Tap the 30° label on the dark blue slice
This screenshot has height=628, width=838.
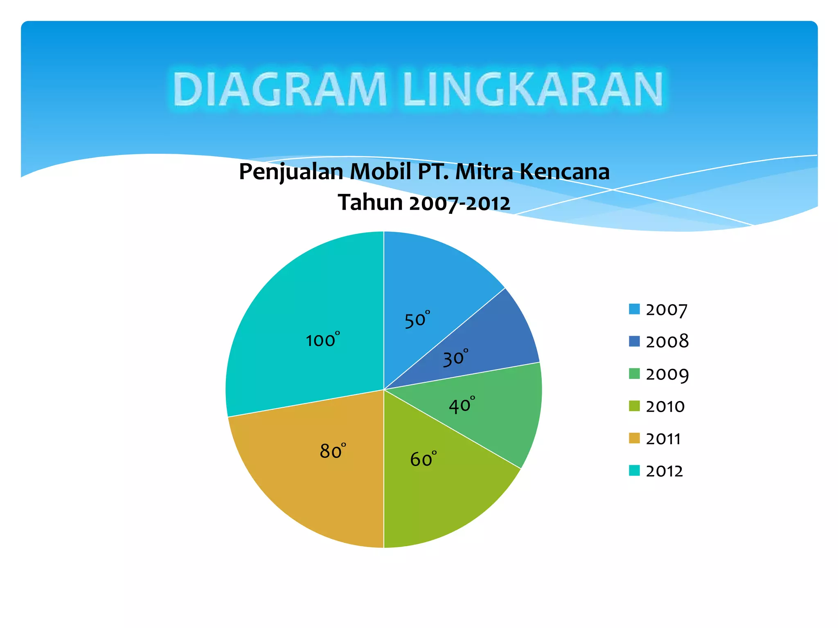pyautogui.click(x=455, y=358)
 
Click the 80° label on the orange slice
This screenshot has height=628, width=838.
pyautogui.click(x=333, y=451)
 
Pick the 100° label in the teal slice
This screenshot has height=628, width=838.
pyautogui.click(x=322, y=340)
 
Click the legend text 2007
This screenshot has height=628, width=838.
pyautogui.click(x=667, y=310)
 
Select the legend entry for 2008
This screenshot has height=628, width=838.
pyautogui.click(x=667, y=341)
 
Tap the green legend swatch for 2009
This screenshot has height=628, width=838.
pyautogui.click(x=634, y=374)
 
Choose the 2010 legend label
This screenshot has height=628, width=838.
pyautogui.click(x=665, y=406)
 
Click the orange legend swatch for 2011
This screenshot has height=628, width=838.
pyautogui.click(x=634, y=438)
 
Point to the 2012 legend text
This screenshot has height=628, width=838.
pyautogui.click(x=664, y=471)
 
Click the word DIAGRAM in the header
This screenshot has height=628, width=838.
pyautogui.click(x=279, y=90)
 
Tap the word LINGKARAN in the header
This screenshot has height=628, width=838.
pyautogui.click(x=532, y=90)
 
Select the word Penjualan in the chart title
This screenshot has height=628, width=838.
pyautogui.click(x=291, y=172)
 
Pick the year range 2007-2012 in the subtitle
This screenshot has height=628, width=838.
pyautogui.click(x=460, y=203)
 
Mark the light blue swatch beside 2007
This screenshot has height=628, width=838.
pyautogui.click(x=634, y=309)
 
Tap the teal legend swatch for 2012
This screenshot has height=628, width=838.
pyautogui.click(x=634, y=471)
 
